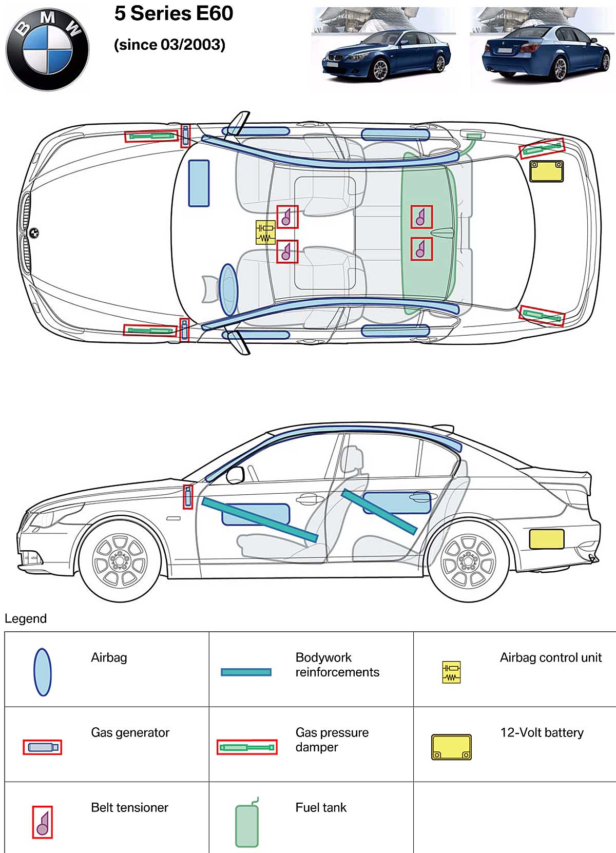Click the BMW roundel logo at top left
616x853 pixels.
(47, 49)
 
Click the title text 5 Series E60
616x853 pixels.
(174, 14)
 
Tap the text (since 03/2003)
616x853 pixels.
(169, 45)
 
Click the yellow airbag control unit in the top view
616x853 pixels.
(265, 232)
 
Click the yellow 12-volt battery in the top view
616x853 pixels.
(546, 171)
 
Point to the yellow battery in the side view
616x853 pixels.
(546, 539)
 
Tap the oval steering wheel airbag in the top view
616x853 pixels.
(228, 289)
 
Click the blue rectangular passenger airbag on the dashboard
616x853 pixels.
(199, 183)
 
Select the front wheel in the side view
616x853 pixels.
(120, 561)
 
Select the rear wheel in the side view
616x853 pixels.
(468, 561)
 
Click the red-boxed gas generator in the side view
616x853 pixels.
(188, 497)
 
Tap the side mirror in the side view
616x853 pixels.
(235, 475)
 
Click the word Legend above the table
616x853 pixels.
(26, 618)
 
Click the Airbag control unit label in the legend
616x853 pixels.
(550, 657)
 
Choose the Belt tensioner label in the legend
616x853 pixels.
(129, 807)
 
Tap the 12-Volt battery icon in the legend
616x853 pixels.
(451, 747)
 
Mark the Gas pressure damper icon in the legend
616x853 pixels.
(247, 747)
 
